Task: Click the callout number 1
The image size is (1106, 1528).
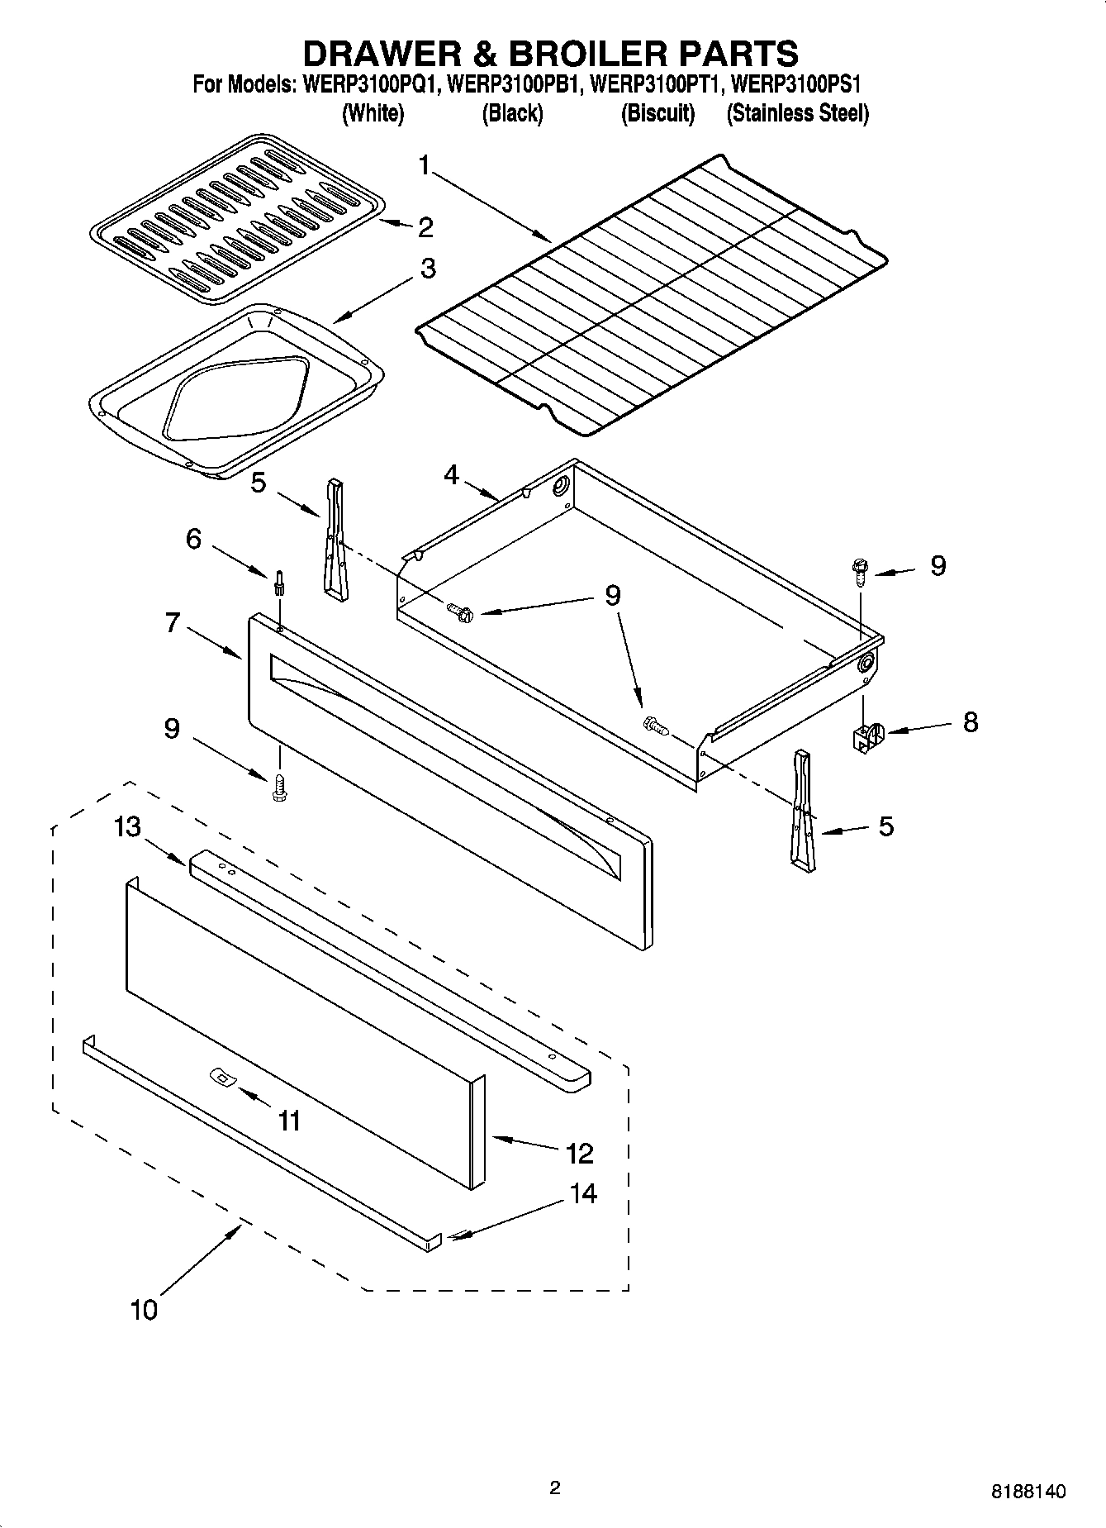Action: click(x=424, y=166)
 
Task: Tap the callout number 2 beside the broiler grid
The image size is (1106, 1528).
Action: click(x=425, y=226)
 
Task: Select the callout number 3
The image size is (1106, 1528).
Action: click(x=428, y=269)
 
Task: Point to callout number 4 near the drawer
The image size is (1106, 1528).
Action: click(x=451, y=474)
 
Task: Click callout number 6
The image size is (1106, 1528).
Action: click(x=193, y=539)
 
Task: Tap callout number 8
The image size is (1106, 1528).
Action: click(x=970, y=721)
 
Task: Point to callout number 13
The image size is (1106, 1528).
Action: click(x=128, y=826)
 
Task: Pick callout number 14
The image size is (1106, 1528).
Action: click(x=583, y=1193)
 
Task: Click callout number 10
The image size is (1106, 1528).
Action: click(x=143, y=1310)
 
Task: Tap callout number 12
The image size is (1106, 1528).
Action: click(x=580, y=1153)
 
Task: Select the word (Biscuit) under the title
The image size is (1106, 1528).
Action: click(x=657, y=113)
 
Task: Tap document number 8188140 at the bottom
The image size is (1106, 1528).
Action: click(x=1028, y=1492)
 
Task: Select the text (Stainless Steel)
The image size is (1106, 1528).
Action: click(x=797, y=113)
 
